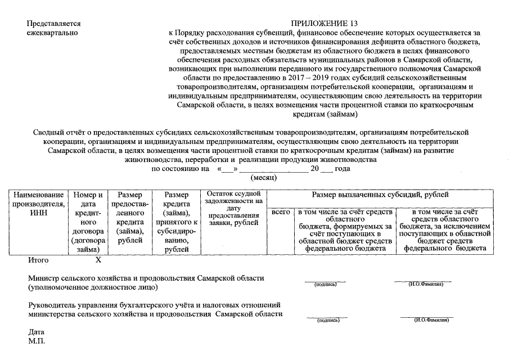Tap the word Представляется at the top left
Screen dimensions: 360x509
click(x=55, y=24)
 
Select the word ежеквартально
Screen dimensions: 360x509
click(x=53, y=33)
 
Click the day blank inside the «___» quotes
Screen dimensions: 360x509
click(x=228, y=169)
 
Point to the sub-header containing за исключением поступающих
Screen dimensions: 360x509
click(x=445, y=229)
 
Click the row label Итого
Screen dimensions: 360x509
click(x=38, y=260)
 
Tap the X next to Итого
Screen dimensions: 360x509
click(x=98, y=260)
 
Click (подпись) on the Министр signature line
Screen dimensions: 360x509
click(x=326, y=285)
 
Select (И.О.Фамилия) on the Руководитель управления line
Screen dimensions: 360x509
click(x=431, y=319)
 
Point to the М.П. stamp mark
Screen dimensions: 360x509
click(x=36, y=341)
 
